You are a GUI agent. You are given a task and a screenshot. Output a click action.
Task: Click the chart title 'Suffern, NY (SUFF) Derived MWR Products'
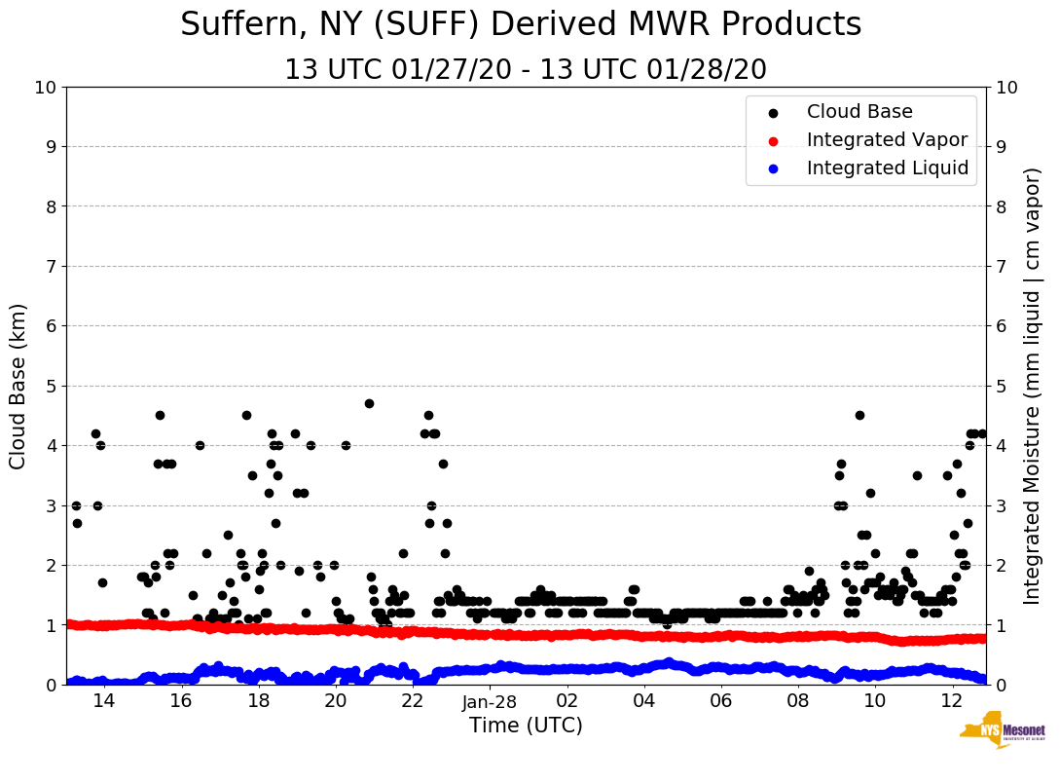click(x=521, y=25)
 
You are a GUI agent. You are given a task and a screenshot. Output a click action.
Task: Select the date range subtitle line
click(x=526, y=70)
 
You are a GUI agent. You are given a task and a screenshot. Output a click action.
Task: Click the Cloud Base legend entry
click(x=859, y=112)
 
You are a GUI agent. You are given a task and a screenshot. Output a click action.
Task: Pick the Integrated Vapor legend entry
click(x=887, y=140)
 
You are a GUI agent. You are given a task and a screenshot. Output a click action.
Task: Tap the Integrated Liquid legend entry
click(x=887, y=168)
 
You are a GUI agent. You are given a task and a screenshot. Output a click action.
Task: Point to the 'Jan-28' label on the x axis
click(x=490, y=701)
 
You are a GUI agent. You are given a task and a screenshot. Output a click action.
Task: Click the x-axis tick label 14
click(x=103, y=701)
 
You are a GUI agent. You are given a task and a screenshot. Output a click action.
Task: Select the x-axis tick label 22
click(x=413, y=701)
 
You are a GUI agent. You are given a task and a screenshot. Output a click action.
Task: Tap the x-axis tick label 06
click(x=721, y=701)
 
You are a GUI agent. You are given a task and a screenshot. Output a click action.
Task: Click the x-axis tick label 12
click(x=953, y=701)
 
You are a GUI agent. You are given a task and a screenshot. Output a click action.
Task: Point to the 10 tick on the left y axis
click(x=45, y=88)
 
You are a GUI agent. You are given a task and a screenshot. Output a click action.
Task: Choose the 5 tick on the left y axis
click(x=51, y=386)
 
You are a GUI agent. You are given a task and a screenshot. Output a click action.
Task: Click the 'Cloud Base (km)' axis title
click(x=18, y=386)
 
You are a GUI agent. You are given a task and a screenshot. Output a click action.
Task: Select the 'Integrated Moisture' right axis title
click(x=1033, y=386)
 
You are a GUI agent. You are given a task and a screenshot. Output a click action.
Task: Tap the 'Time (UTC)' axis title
click(x=526, y=726)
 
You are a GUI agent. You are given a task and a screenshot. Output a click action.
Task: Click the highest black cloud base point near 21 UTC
click(x=369, y=403)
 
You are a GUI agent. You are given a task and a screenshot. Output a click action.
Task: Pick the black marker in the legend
click(x=773, y=113)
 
